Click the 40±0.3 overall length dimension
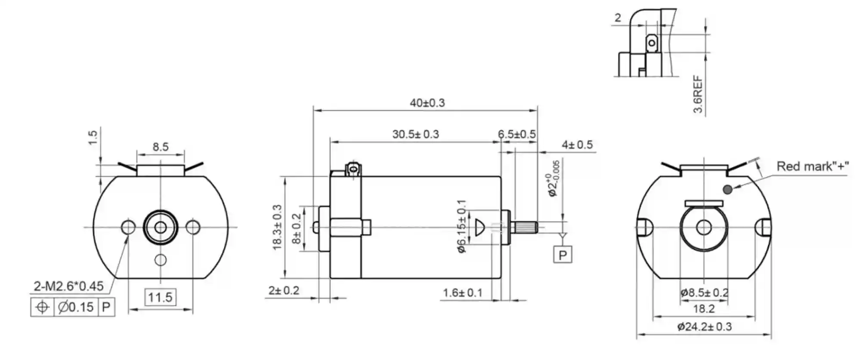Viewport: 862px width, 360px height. pyautogui.click(x=427, y=103)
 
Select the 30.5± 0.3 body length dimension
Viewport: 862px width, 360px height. pyautogui.click(x=415, y=134)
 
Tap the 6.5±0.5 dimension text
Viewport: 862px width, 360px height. pyautogui.click(x=517, y=134)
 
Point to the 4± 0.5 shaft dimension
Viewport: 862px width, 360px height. pyautogui.click(x=577, y=145)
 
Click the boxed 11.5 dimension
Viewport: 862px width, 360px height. pyautogui.click(x=160, y=297)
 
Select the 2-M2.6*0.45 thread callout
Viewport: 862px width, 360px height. pyautogui.click(x=68, y=286)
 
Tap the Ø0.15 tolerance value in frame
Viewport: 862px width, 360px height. pyautogui.click(x=76, y=308)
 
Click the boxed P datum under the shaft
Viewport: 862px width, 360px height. pyautogui.click(x=562, y=255)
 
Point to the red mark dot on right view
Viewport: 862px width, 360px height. pyautogui.click(x=727, y=189)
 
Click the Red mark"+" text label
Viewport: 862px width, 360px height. pyautogui.click(x=813, y=166)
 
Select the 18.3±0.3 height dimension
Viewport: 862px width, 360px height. pyautogui.click(x=277, y=227)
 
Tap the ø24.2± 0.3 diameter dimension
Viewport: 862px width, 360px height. pyautogui.click(x=704, y=327)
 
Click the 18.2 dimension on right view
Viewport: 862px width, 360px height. pyautogui.click(x=704, y=309)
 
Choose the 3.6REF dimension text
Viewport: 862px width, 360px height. pyautogui.click(x=698, y=95)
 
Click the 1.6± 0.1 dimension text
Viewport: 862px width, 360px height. pyautogui.click(x=463, y=293)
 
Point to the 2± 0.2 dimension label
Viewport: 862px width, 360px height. pyautogui.click(x=284, y=291)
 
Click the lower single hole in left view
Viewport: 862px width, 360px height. pyautogui.click(x=161, y=260)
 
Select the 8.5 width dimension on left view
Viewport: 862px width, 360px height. pyautogui.click(x=161, y=147)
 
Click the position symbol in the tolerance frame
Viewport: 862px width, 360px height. pyautogui.click(x=42, y=308)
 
